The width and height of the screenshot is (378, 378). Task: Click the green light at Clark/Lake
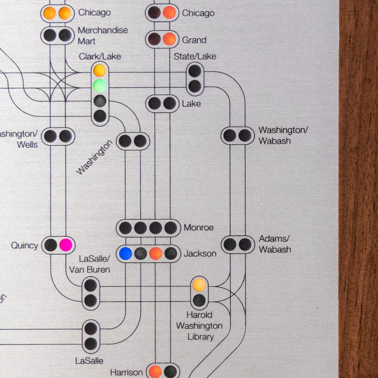[x=100, y=85]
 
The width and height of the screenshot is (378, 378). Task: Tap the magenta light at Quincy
[x=65, y=245]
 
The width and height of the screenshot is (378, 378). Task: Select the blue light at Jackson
[x=125, y=253]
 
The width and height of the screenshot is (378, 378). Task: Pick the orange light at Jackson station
[x=156, y=253]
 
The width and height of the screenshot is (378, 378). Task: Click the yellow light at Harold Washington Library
[x=199, y=285]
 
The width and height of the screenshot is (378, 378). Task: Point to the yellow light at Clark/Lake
[x=100, y=70]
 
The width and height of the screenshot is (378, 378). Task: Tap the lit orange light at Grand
[x=169, y=39]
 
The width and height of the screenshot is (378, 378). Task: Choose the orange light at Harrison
[x=155, y=371]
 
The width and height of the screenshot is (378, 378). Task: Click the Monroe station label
[x=198, y=228]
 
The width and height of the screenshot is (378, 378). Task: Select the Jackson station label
[x=200, y=254]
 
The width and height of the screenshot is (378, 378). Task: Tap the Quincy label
[x=25, y=246]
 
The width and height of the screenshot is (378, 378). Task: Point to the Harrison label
[x=127, y=372]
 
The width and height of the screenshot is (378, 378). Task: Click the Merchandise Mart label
[x=102, y=36]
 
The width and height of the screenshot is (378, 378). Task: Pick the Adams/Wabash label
[x=275, y=244]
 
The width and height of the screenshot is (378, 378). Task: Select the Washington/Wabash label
[x=283, y=135]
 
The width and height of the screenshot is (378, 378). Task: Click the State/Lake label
[x=195, y=57]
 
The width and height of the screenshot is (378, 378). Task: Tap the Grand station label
[x=194, y=40]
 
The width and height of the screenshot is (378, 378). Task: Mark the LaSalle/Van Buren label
[x=90, y=264]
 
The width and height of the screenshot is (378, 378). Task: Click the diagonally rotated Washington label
[x=94, y=157]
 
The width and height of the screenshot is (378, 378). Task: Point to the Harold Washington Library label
[x=199, y=326]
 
